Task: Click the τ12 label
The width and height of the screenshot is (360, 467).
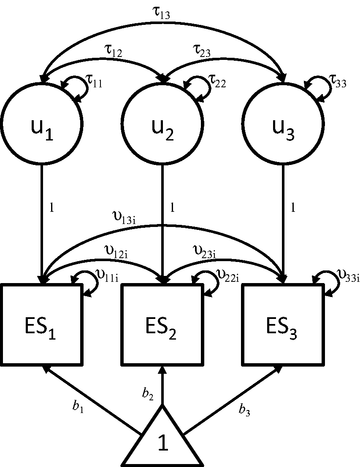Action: [x=113, y=51]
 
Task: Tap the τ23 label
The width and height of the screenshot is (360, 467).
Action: [x=202, y=51]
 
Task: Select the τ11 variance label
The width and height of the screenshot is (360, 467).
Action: [x=94, y=81]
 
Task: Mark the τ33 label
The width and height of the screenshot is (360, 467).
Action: [x=338, y=81]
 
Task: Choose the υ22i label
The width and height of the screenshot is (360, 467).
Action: [x=227, y=275]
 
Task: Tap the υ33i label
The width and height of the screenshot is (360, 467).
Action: [x=348, y=275]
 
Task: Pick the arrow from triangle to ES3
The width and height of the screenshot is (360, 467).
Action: [x=233, y=400]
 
